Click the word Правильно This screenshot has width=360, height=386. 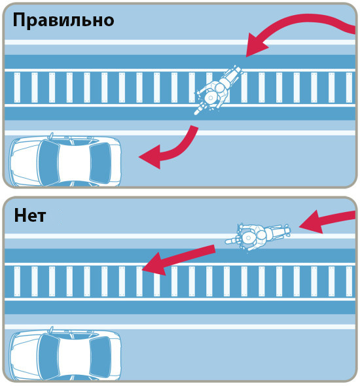click(63, 20)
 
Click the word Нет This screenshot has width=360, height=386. click(30, 215)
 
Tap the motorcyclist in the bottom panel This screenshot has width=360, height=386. click(258, 236)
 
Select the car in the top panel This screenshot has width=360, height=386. click(65, 160)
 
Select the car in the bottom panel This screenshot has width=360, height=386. click(65, 355)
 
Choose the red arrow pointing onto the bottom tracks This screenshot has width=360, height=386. click(179, 259)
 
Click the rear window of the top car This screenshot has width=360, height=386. click(100, 163)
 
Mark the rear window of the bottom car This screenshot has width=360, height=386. click(100, 357)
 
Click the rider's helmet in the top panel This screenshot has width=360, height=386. click(211, 97)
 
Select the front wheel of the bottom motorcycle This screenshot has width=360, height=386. click(230, 241)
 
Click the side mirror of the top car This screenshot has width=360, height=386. click(51, 135)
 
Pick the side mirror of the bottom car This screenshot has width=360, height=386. click(51, 330)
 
